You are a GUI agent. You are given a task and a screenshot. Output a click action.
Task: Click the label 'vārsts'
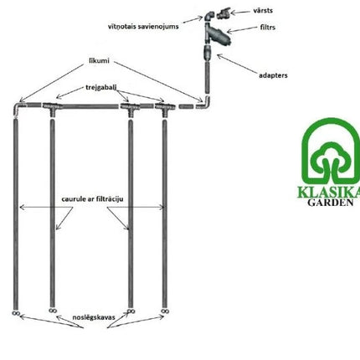click(x=263, y=11)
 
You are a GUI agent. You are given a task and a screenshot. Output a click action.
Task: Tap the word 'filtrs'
click(x=268, y=27)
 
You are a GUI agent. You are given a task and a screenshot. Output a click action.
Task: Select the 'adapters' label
click(x=273, y=75)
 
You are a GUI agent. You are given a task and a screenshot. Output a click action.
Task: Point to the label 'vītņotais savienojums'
click(x=143, y=27)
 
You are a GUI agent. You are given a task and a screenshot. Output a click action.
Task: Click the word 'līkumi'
click(x=99, y=60)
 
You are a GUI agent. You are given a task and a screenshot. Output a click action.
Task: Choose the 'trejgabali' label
click(x=101, y=87)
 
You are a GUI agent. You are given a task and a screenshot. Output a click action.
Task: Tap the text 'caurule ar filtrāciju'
click(x=92, y=199)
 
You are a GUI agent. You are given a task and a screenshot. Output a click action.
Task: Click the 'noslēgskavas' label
click(x=94, y=317)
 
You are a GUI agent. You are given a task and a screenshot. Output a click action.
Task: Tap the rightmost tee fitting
click(x=165, y=109)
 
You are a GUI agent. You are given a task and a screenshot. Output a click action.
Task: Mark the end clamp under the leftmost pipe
click(x=16, y=313)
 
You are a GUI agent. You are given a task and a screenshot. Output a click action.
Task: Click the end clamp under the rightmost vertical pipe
click(x=165, y=311)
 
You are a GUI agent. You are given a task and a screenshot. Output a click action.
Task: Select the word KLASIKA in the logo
click(x=329, y=192)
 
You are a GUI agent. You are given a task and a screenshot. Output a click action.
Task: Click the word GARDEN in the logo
click(x=331, y=203)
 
